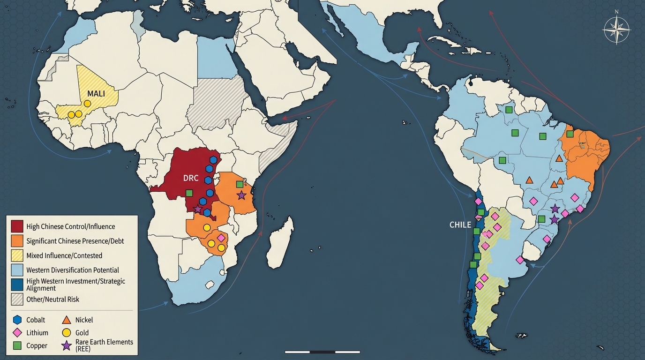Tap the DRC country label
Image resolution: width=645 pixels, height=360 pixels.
[191, 179]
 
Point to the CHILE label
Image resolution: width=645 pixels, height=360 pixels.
[460, 225]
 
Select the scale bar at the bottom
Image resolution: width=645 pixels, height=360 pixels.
[322, 352]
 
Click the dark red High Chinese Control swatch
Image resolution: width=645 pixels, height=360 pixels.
[17, 226]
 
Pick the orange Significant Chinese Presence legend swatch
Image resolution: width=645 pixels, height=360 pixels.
[17, 241]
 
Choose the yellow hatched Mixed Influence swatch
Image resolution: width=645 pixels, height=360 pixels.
[17, 255]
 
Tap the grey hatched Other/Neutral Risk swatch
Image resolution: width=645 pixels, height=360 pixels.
[17, 299]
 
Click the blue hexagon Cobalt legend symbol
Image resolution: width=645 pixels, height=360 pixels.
[17, 320]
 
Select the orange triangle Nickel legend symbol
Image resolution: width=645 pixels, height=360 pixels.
[67, 320]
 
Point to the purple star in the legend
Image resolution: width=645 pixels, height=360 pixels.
[67, 345]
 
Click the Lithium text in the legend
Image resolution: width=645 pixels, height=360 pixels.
[37, 333]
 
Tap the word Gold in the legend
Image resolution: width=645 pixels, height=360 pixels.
[82, 333]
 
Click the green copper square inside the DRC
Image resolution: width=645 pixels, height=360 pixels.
[189, 193]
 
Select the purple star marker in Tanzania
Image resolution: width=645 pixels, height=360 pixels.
[241, 195]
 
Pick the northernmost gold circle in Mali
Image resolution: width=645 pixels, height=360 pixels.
[87, 103]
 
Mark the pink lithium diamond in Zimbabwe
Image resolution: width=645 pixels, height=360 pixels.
[221, 238]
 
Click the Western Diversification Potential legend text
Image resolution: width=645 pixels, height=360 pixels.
[73, 270]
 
